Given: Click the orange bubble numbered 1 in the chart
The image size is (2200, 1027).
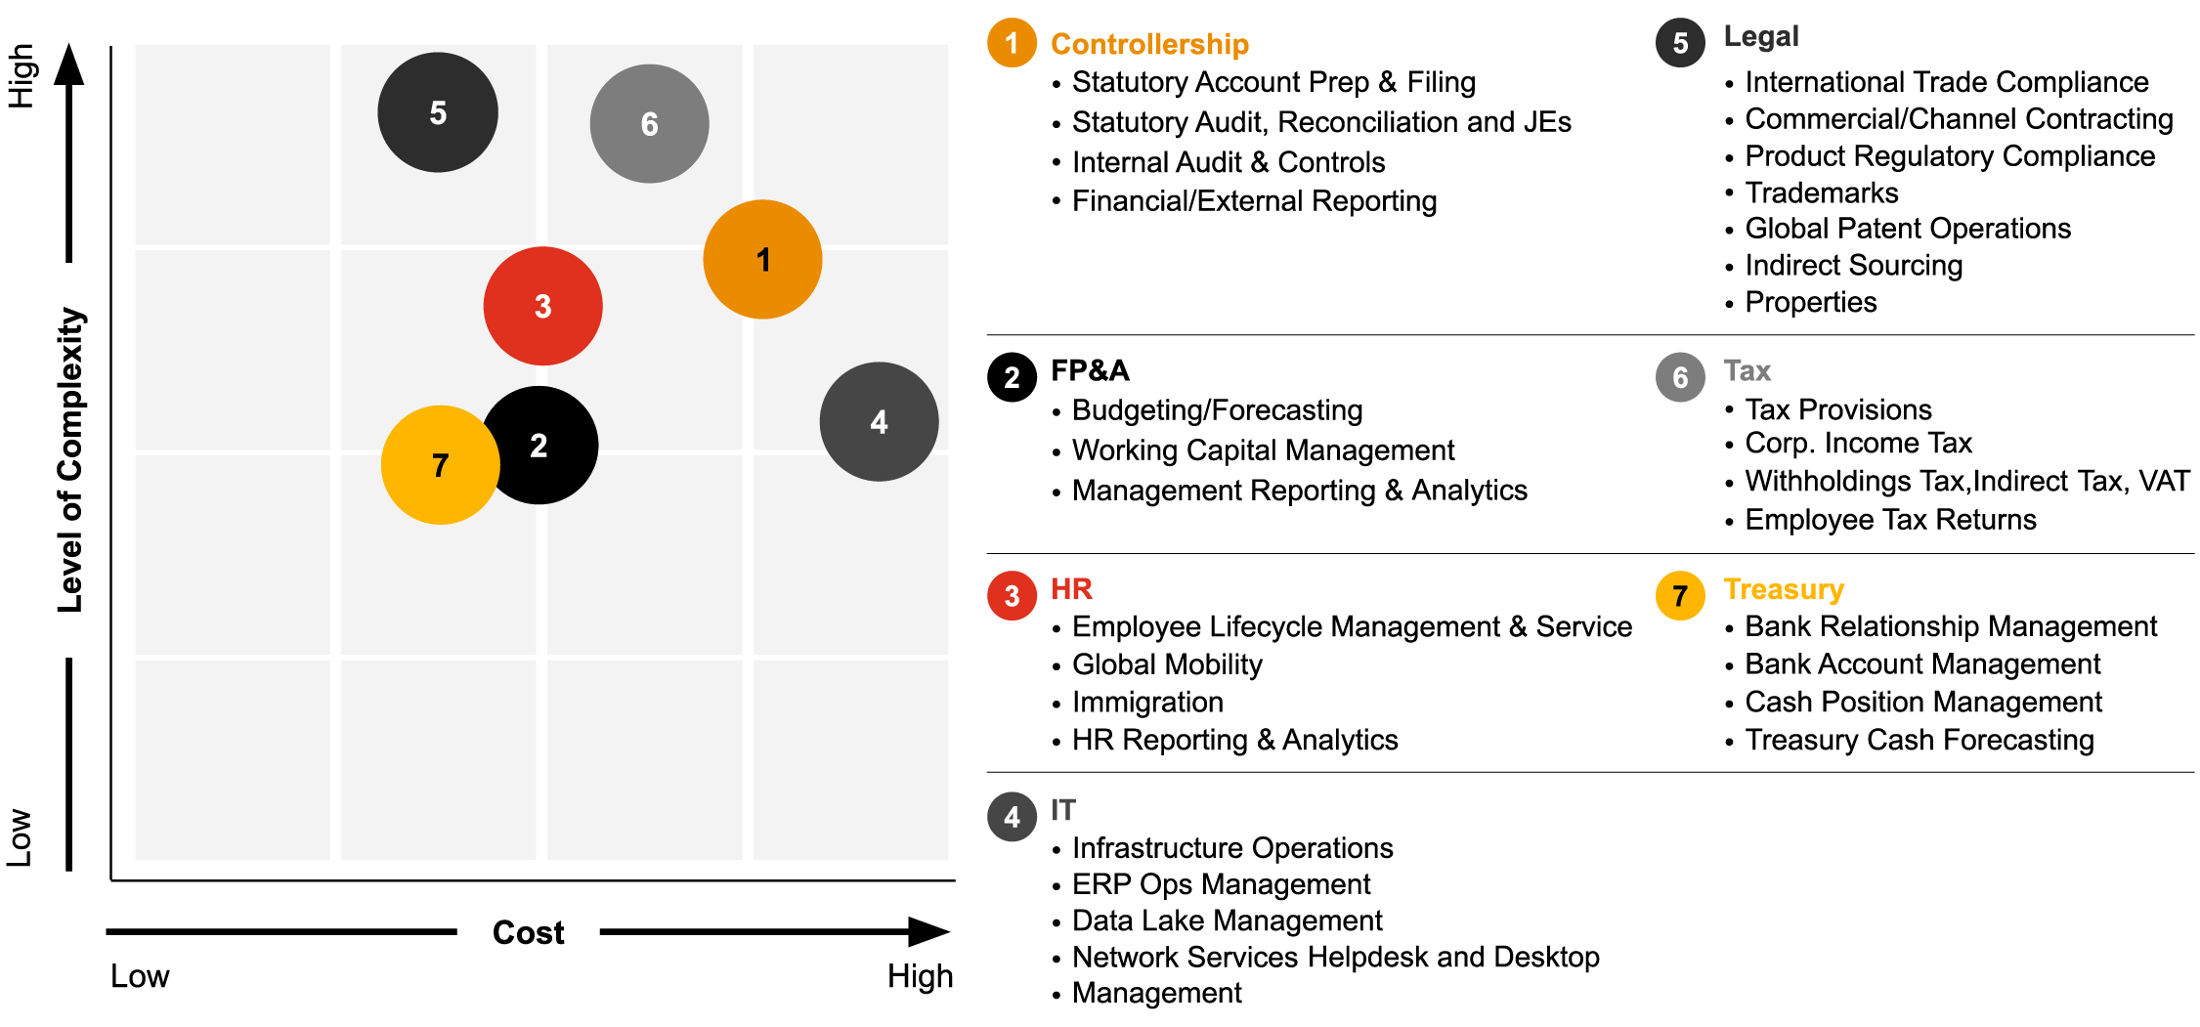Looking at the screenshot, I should pyautogui.click(x=762, y=260).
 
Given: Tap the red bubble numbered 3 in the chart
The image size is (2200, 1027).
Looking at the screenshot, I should pyautogui.click(x=542, y=306).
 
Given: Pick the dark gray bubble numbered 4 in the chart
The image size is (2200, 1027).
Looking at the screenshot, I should pyautogui.click(x=879, y=422).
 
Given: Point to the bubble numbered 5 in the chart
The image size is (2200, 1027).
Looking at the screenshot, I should pyautogui.click(x=438, y=112).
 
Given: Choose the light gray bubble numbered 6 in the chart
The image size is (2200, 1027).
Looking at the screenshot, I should pyautogui.click(x=649, y=124).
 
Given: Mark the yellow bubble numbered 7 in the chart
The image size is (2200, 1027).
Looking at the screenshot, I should pyautogui.click(x=439, y=465).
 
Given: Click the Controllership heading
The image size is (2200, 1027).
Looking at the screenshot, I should pyautogui.click(x=1149, y=44).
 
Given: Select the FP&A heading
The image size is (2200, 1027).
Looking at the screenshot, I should pyautogui.click(x=1090, y=370).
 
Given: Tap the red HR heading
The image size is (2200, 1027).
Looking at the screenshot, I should pyautogui.click(x=1071, y=588).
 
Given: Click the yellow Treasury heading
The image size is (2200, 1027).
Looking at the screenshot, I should pyautogui.click(x=1784, y=589).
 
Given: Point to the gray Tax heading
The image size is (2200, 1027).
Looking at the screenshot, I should pyautogui.click(x=1747, y=371).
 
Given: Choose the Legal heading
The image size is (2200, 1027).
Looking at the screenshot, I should pyautogui.click(x=1760, y=36).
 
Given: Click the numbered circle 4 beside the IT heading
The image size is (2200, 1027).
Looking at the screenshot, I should pyautogui.click(x=1012, y=817).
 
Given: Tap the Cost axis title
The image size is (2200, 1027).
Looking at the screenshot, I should pyautogui.click(x=528, y=932).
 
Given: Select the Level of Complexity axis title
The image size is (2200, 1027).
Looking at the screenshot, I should pyautogui.click(x=70, y=459).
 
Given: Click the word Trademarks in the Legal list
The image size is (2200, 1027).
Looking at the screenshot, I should pyautogui.click(x=1822, y=193).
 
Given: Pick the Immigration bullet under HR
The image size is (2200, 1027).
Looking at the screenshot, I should pyautogui.click(x=1147, y=702).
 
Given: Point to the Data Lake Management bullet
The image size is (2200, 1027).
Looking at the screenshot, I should pyautogui.click(x=1227, y=920).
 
